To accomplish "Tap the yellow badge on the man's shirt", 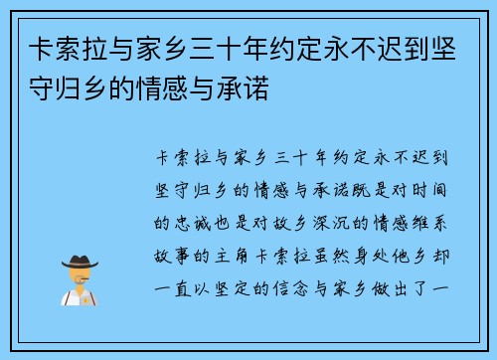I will point(87,297).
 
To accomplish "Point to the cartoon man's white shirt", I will point(79,298).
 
